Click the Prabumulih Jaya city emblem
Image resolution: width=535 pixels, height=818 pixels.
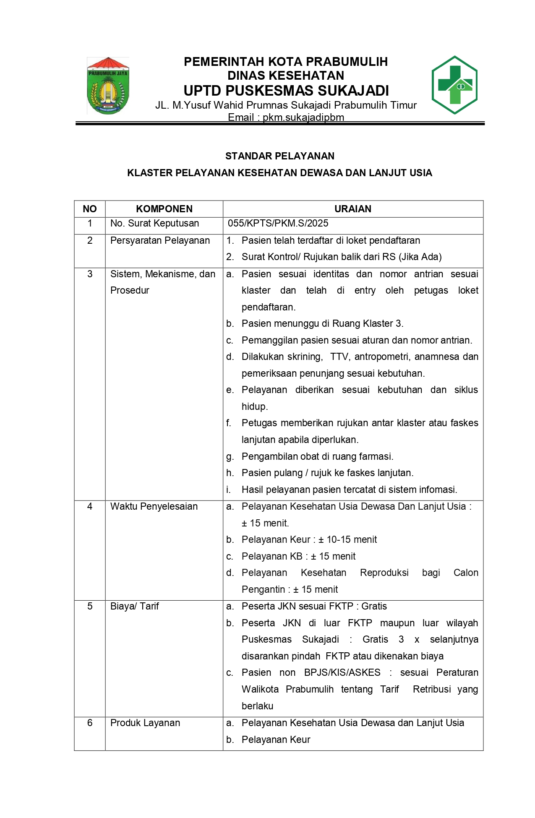click(108, 86)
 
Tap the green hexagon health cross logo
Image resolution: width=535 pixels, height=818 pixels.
click(454, 85)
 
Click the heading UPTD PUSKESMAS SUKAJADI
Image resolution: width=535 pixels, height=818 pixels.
click(286, 91)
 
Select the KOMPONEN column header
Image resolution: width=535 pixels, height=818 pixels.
click(164, 209)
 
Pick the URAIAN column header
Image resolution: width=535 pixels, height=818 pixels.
click(352, 209)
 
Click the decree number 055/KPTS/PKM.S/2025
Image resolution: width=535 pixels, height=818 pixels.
click(278, 223)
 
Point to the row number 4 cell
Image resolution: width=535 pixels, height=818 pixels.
click(90, 506)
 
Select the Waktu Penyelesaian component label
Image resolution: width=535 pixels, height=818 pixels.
click(154, 506)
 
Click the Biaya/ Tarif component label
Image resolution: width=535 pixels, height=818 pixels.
click(135, 606)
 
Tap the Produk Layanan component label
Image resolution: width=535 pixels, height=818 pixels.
click(145, 723)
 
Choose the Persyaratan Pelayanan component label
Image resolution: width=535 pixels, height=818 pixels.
click(160, 240)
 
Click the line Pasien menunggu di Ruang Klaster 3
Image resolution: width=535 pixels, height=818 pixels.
click(322, 323)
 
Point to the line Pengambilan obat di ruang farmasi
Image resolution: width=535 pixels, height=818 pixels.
click(317, 456)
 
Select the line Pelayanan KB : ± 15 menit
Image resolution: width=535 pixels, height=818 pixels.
click(298, 556)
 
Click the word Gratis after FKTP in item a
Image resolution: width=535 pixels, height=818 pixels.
click(374, 606)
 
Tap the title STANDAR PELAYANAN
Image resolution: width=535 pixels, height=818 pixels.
click(280, 156)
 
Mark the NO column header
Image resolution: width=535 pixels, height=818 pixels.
click(90, 209)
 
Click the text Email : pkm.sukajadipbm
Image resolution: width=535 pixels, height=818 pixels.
click(286, 117)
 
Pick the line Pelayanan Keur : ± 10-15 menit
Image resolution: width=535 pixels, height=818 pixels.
click(309, 539)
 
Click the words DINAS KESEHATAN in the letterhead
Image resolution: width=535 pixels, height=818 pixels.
click(286, 76)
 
